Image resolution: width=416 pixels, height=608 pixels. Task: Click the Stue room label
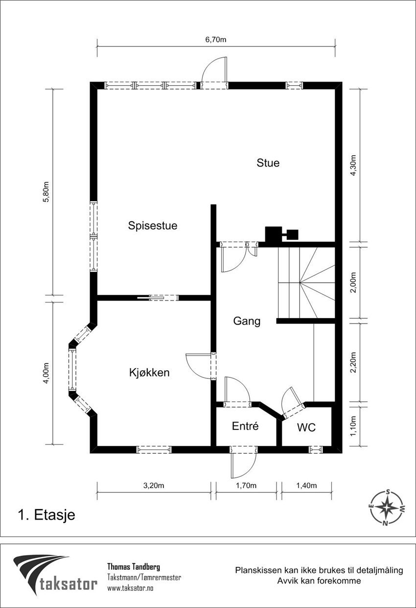click(x=268, y=163)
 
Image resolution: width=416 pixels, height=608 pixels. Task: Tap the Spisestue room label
click(x=153, y=226)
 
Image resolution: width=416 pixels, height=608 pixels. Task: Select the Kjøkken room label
click(x=149, y=373)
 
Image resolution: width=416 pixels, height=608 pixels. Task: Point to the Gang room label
click(x=247, y=322)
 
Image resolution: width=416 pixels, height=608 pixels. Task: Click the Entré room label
click(x=245, y=426)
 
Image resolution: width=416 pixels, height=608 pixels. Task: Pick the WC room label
click(x=306, y=428)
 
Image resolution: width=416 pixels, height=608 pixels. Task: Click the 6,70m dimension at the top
click(x=215, y=40)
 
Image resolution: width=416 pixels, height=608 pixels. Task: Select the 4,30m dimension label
click(x=354, y=167)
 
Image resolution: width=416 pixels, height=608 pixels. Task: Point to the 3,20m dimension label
click(x=153, y=486)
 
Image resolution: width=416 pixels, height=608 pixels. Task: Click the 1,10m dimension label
click(x=354, y=425)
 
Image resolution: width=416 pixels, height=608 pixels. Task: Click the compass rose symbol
click(x=387, y=508)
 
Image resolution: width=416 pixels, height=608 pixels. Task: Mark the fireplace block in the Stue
click(x=274, y=234)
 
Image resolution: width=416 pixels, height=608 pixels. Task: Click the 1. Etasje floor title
click(x=46, y=515)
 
